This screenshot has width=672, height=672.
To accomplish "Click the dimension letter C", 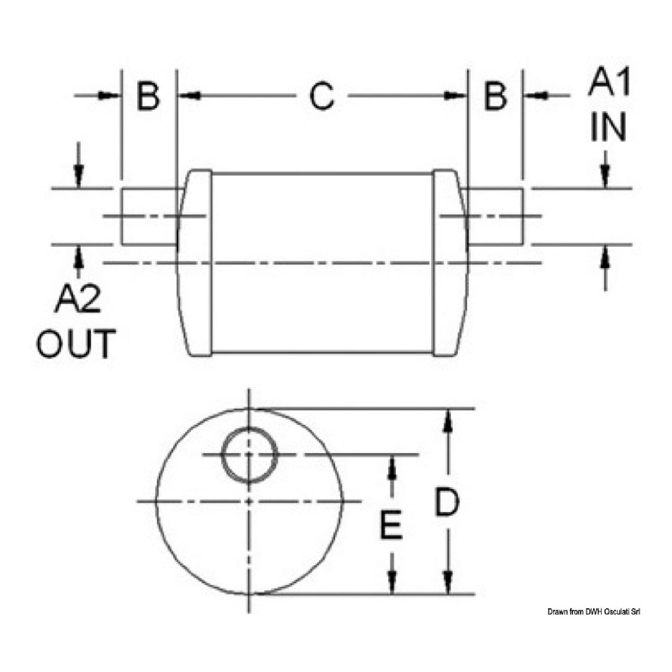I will tap(322, 96).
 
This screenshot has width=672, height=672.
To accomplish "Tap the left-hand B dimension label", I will tap(148, 96).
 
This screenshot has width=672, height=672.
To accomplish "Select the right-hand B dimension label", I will tap(495, 96).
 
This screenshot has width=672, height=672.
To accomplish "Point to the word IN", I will tap(608, 127).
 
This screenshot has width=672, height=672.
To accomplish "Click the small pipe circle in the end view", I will tap(250, 454).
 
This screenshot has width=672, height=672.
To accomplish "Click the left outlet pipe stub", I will tap(148, 216).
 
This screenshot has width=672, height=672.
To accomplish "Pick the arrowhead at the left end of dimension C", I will tap(188, 96).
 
